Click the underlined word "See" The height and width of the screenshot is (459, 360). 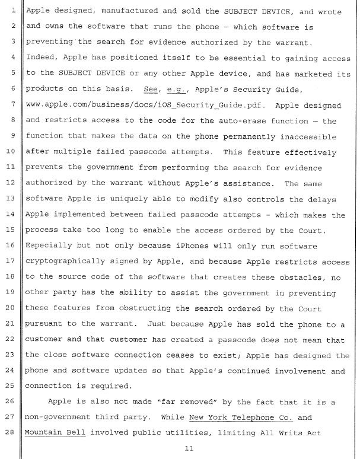click(x=151, y=90)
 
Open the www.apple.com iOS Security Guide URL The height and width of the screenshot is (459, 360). click(x=138, y=105)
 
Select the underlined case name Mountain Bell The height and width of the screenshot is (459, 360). click(x=54, y=433)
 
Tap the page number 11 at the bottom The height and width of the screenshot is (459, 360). click(x=189, y=449)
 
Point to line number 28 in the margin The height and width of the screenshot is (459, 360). click(x=11, y=433)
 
